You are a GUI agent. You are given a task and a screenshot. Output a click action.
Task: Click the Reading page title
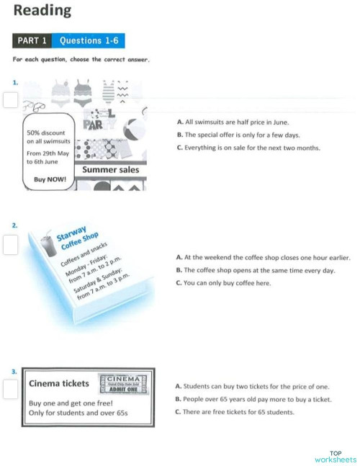[x=42, y=11]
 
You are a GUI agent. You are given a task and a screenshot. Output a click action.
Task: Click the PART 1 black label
[x=32, y=41]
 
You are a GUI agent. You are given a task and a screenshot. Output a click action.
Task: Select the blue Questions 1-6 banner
[x=89, y=41]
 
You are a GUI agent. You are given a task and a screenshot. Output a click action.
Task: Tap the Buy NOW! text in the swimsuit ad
[x=50, y=179]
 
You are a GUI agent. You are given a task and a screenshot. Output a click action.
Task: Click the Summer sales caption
[x=110, y=170]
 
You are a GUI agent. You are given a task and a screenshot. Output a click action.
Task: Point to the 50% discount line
[x=46, y=133]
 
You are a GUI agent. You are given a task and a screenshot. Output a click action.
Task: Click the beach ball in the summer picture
[x=135, y=135]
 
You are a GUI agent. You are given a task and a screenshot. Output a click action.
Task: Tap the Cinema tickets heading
[x=59, y=383]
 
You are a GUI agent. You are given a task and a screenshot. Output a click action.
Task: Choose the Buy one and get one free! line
[x=71, y=403]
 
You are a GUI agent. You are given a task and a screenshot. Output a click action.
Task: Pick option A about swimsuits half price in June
[x=232, y=123]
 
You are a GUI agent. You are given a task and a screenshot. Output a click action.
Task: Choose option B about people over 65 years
[x=253, y=399]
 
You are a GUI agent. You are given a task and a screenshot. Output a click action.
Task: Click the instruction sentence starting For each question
[x=81, y=60]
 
